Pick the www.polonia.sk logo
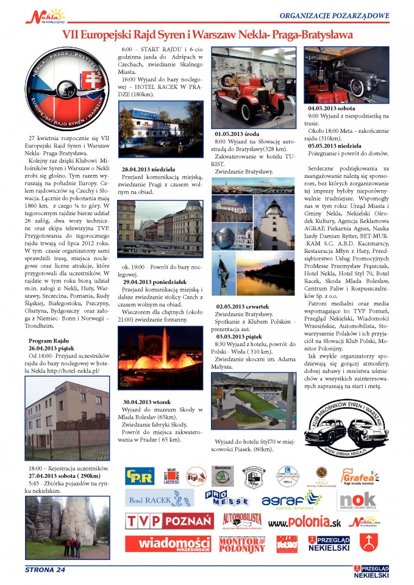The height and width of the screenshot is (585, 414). (x=304, y=523)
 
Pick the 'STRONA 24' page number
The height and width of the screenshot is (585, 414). (x=45, y=569)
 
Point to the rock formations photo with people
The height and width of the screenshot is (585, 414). (x=68, y=522)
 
